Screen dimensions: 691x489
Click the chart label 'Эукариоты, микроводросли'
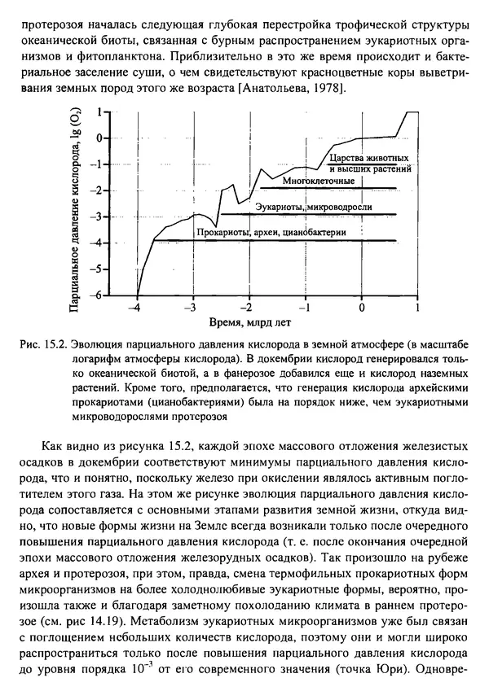click(x=314, y=207)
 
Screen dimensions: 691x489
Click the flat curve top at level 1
click(x=412, y=112)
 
